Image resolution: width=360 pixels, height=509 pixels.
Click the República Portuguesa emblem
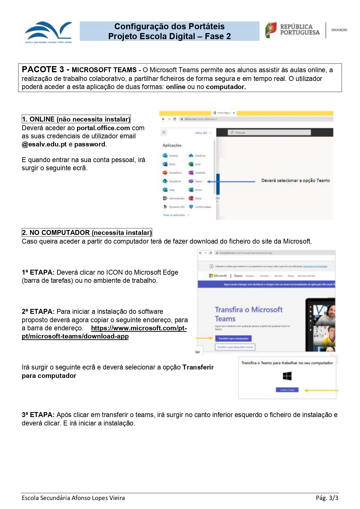pos(271,30)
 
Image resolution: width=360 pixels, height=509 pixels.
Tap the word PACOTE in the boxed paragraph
pos(39,70)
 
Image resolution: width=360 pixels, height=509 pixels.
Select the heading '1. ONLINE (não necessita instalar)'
pos(76,119)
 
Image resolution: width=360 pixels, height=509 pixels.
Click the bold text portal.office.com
pos(103,128)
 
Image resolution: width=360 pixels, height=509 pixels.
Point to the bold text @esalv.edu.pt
pos(44,144)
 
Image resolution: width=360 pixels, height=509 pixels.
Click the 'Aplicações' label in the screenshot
pos(172,145)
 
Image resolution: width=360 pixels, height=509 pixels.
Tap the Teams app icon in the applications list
pos(191,181)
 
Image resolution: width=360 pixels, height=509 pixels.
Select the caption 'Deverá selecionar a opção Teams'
pos(295,180)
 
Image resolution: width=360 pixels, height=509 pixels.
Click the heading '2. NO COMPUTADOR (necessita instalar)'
pos(87,233)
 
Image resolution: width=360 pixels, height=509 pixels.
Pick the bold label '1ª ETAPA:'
pos(38,272)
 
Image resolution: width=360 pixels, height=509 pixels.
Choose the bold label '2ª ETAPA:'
pos(38,311)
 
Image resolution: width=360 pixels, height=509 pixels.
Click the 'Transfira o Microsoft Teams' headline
pos(248,314)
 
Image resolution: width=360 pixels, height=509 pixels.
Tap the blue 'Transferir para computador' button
pos(233,338)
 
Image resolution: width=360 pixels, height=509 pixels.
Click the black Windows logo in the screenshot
pos(287,376)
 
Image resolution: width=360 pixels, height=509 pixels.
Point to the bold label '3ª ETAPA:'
pos(38,415)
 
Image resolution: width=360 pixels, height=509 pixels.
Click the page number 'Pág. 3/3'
pos(327,498)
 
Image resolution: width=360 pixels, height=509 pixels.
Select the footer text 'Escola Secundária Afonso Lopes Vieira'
pos(73,498)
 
